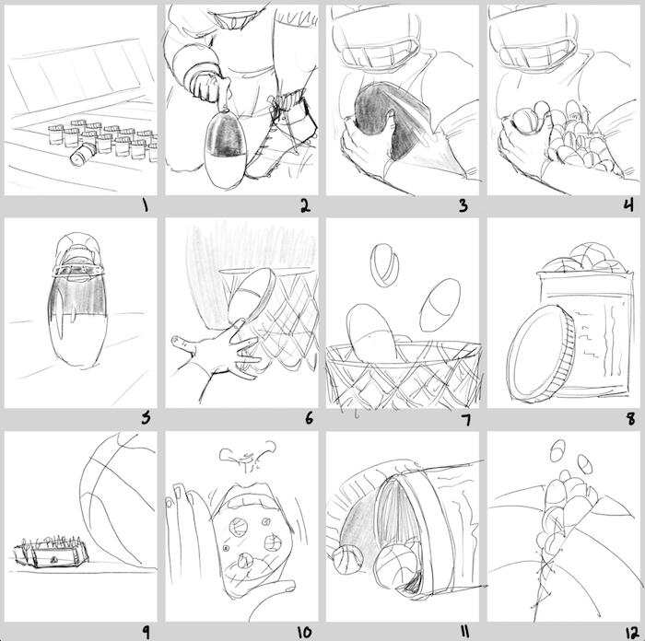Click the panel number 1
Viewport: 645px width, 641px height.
pos(145,204)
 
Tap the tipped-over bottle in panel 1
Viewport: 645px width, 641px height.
pos(83,155)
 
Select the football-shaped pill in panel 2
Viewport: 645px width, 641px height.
pos(225,149)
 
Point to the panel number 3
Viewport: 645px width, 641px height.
pos(463,205)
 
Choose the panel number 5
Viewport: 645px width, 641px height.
pos(146,418)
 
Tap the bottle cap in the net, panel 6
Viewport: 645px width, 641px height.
pos(252,294)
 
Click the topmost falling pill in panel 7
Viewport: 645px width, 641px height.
pos(384,265)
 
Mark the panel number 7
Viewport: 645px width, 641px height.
pos(465,420)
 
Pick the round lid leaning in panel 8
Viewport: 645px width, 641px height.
pos(541,354)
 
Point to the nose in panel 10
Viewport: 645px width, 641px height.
pos(247,456)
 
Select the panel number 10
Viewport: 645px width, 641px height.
pos(305,633)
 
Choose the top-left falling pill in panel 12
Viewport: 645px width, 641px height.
pos(557,450)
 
